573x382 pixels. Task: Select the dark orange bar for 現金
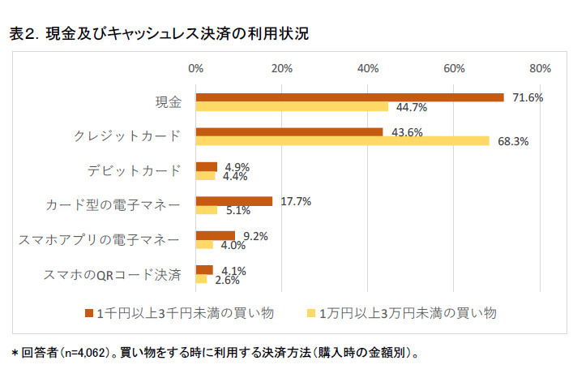(349, 97)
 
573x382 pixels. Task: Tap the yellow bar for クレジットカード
(342, 140)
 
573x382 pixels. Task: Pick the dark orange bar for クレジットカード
(289, 131)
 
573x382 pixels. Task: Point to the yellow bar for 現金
(292, 106)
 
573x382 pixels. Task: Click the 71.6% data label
(527, 97)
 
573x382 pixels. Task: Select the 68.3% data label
(512, 141)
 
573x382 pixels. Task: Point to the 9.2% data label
(255, 236)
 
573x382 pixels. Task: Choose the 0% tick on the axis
(195, 67)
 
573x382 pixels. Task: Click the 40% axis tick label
(368, 67)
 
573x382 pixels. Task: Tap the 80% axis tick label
(540, 67)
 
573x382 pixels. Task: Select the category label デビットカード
(134, 171)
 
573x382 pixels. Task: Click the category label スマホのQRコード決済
(111, 275)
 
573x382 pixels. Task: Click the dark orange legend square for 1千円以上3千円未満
(89, 312)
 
